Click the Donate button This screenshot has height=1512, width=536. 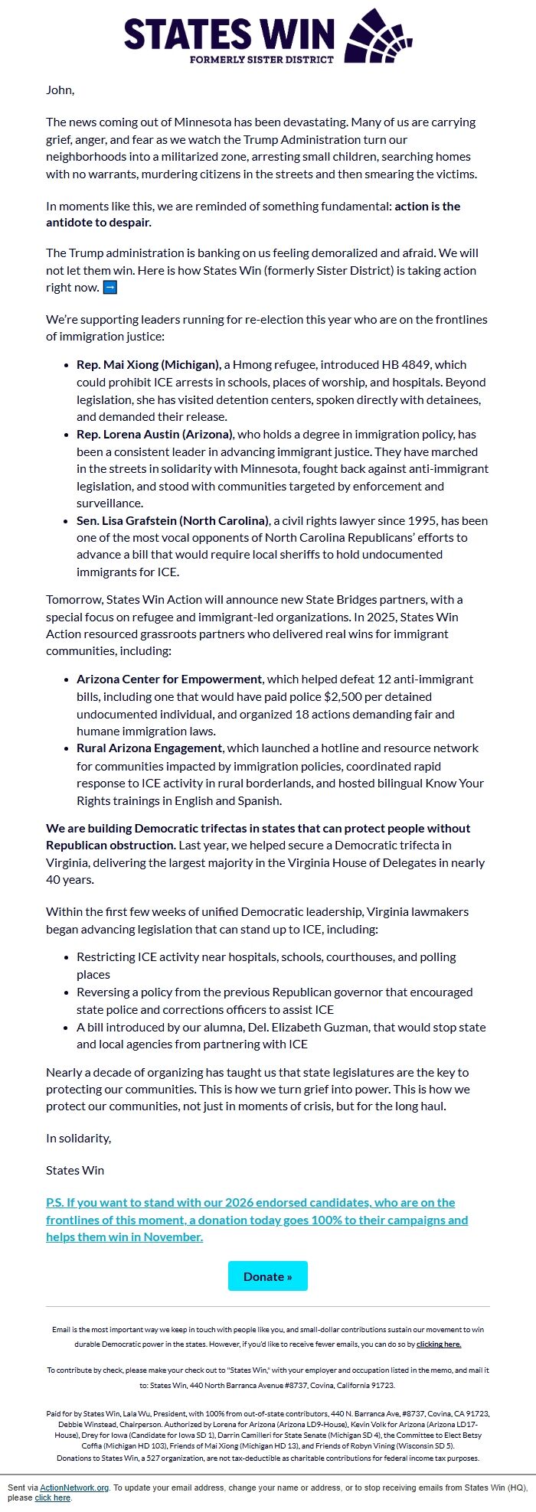[x=267, y=1276]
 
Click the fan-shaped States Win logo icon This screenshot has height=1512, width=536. [x=379, y=36]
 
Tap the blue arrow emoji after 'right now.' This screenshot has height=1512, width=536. [x=110, y=288]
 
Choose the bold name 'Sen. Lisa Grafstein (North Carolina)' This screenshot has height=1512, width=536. [x=172, y=520]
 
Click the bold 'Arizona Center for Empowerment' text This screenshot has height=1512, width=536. [x=169, y=679]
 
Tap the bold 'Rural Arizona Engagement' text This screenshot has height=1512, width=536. [x=149, y=748]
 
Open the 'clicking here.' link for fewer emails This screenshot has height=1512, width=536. [x=439, y=1344]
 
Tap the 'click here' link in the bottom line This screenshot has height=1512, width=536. [x=52, y=1497]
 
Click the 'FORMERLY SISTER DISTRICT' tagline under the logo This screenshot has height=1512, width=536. [x=262, y=59]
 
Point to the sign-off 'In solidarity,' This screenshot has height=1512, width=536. [x=78, y=1138]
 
